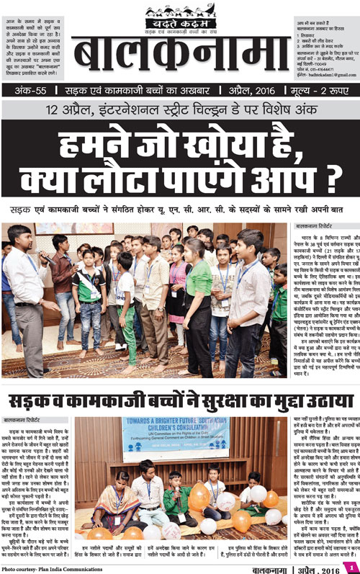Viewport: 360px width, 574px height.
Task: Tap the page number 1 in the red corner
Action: click(x=352, y=566)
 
